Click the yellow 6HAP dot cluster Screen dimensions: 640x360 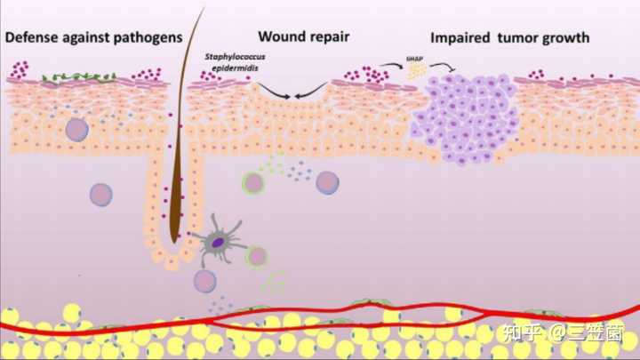point(415,73)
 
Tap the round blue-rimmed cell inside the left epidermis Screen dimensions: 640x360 point(77,130)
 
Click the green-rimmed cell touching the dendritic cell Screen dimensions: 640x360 point(256,256)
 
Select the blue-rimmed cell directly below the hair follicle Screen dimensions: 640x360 point(205,282)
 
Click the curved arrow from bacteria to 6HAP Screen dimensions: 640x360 point(391,63)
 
